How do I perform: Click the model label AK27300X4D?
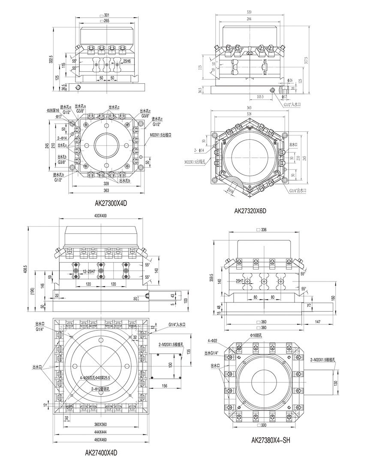click(x=111, y=203)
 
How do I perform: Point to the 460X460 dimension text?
click(x=100, y=440)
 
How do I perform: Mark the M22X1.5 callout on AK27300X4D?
click(x=161, y=135)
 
